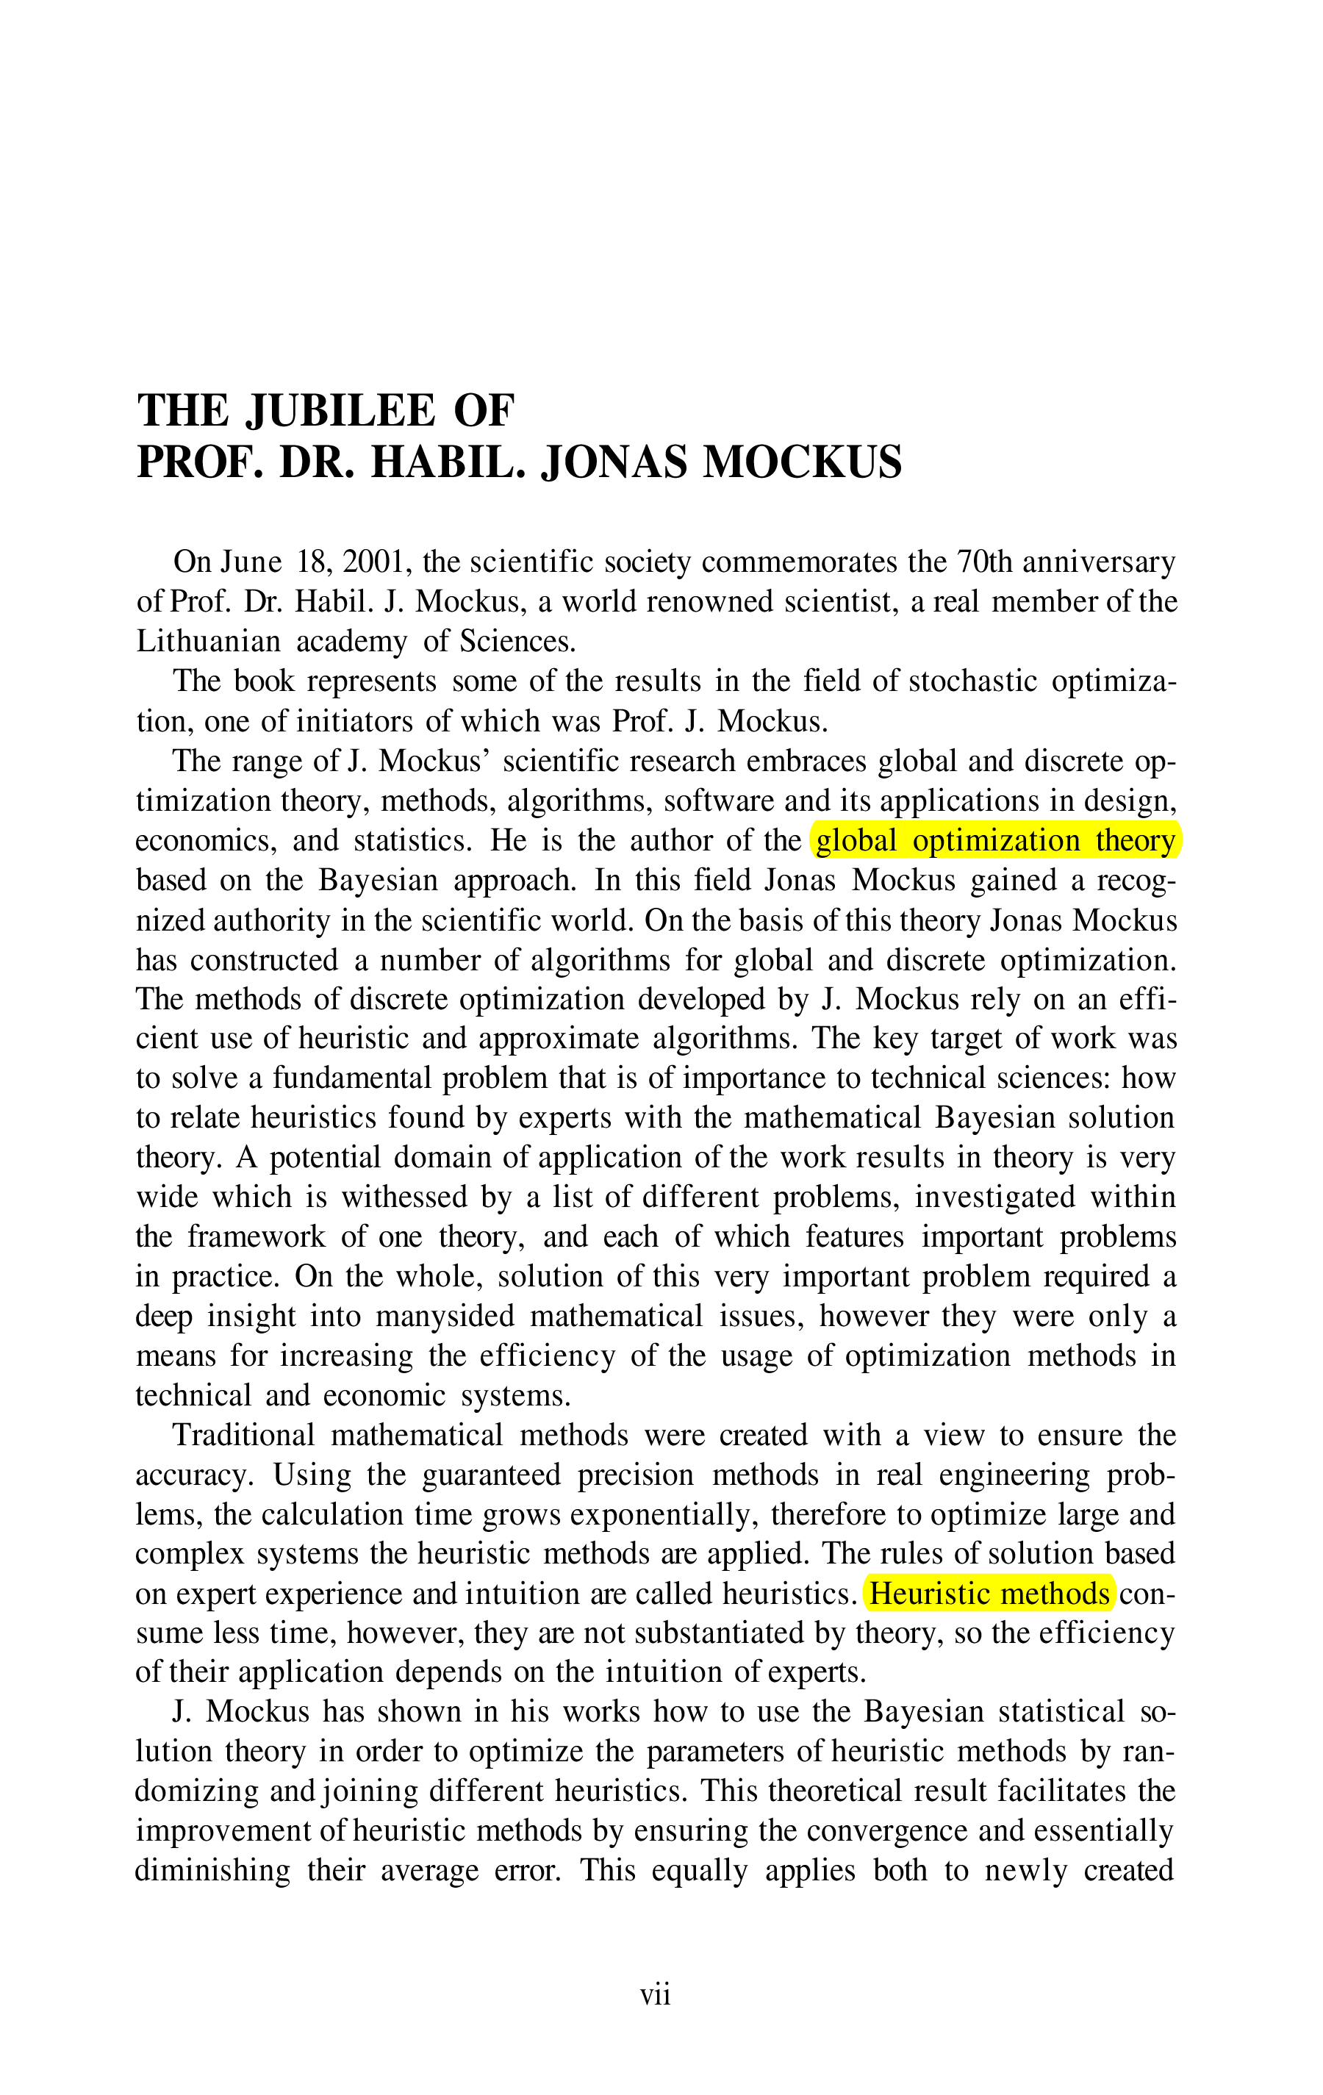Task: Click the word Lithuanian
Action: (x=209, y=642)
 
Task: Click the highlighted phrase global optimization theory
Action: (x=996, y=841)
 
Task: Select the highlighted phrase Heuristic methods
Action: (x=990, y=1594)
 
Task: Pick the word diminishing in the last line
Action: (x=213, y=1872)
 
